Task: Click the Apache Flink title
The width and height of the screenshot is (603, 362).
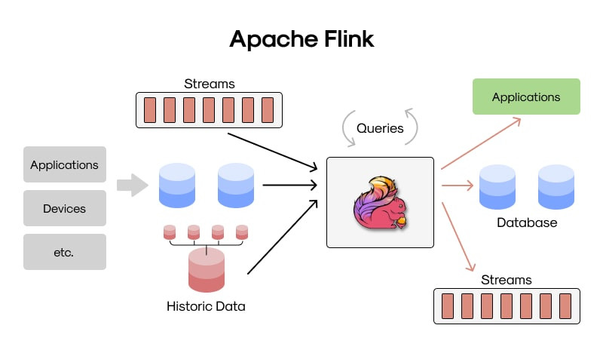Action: click(x=301, y=39)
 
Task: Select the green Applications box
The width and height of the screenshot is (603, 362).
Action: click(x=526, y=97)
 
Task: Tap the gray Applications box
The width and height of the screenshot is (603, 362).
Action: click(x=65, y=164)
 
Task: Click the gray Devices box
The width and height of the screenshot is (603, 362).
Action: click(x=65, y=208)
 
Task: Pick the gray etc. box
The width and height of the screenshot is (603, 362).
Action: click(x=65, y=252)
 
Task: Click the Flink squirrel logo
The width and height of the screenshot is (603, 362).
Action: click(x=380, y=203)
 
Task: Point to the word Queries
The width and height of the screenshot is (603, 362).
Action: click(x=380, y=128)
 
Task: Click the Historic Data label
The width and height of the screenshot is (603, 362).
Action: click(x=206, y=306)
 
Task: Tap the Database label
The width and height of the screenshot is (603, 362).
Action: click(x=527, y=222)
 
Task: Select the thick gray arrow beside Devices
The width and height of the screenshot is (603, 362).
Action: click(x=133, y=185)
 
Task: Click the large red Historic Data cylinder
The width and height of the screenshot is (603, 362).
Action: click(x=207, y=270)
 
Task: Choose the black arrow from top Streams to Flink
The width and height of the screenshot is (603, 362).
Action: click(x=273, y=152)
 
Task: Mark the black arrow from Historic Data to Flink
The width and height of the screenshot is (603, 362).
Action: click(x=283, y=237)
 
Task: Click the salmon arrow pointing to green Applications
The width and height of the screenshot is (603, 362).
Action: click(x=481, y=143)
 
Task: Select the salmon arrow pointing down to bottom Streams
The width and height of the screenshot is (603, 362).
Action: click(x=458, y=237)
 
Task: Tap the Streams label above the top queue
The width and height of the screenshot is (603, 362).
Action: click(x=210, y=84)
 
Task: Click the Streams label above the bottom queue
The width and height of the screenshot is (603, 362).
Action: click(x=506, y=280)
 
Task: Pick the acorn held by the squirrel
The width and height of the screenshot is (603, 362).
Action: click(x=402, y=221)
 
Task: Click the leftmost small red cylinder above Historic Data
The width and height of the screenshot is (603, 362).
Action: click(x=170, y=232)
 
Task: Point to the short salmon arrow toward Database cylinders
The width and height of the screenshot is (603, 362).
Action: click(x=458, y=186)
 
